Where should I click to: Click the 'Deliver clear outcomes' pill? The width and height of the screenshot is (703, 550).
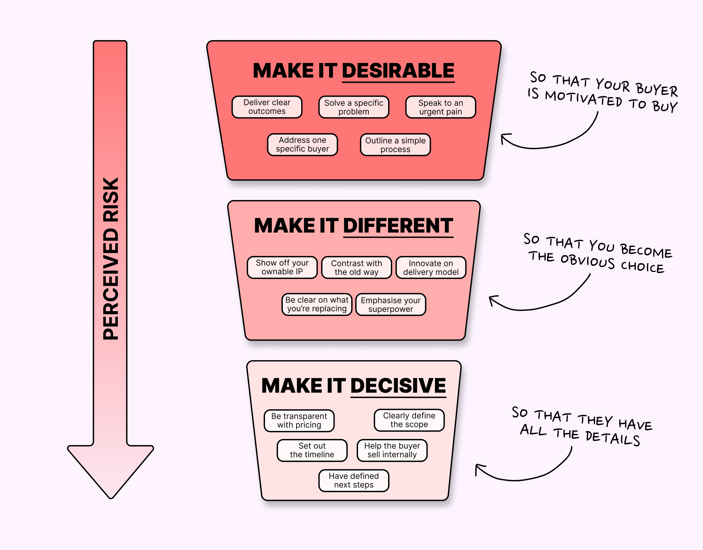267,107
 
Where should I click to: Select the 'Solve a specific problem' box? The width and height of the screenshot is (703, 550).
354,107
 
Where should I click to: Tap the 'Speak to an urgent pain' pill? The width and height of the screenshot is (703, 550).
441,107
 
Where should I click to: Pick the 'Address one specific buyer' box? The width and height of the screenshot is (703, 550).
303,145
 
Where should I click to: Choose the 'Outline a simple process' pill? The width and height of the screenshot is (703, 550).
395,145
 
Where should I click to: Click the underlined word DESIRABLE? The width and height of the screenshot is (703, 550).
398,71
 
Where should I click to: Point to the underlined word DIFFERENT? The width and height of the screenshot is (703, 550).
398,226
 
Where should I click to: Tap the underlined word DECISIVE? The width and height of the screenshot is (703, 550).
398,386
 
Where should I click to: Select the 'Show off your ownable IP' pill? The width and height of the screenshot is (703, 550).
282,267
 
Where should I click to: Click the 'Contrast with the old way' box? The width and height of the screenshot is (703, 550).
356,268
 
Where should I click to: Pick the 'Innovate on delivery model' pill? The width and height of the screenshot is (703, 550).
431,268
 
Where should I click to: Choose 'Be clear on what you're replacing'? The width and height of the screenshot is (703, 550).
317,304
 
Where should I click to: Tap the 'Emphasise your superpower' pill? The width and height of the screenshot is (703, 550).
390,305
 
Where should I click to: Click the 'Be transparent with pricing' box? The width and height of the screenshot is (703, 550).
299,421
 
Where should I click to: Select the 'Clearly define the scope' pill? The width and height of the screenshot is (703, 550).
409,420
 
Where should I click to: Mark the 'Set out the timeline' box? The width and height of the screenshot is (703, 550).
312,450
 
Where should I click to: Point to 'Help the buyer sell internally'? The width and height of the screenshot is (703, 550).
392,450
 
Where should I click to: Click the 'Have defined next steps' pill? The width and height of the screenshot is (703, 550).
354,480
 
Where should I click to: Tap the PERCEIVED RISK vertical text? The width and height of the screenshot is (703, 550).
111,258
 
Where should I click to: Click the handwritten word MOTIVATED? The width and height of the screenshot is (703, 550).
583,99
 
